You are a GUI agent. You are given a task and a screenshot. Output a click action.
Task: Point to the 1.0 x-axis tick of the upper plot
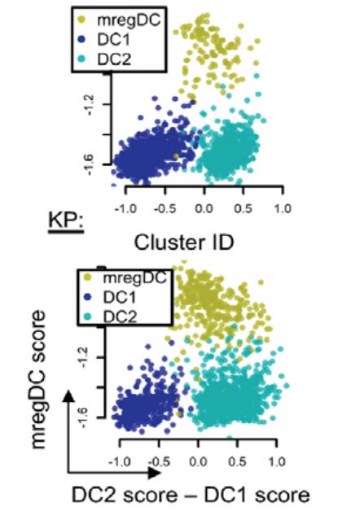(282, 208)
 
